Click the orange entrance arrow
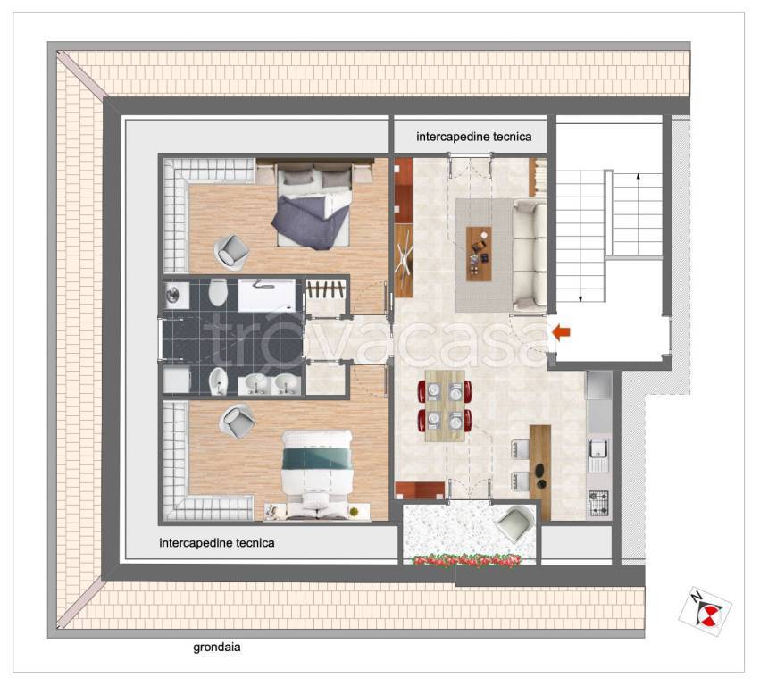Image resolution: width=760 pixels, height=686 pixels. coord(562,332)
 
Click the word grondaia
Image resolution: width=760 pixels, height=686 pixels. coord(217,647)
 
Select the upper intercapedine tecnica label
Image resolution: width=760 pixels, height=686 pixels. coord(473,137)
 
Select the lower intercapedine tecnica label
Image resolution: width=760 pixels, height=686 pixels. coord(217,542)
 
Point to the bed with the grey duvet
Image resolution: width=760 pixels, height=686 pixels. coord(313,206)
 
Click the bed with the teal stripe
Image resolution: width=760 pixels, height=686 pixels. coord(317,474)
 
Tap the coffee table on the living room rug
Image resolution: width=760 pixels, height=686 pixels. coord(479,254)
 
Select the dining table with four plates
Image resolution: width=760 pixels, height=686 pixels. coord(445,406)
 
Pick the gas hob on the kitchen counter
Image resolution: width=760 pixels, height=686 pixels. coord(597,503)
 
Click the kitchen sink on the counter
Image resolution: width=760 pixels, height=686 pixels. coord(597,456)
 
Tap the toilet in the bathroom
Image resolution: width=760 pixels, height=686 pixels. coord(218,292)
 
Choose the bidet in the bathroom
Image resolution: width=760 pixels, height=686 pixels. coord(218,381)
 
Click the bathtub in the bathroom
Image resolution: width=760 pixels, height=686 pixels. coord(267,295)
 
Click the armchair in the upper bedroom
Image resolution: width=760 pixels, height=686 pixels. coord(231,252)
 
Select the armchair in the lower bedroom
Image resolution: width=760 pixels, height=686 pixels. coord(237,421)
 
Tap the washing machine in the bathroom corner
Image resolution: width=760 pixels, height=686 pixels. coord(175,294)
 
